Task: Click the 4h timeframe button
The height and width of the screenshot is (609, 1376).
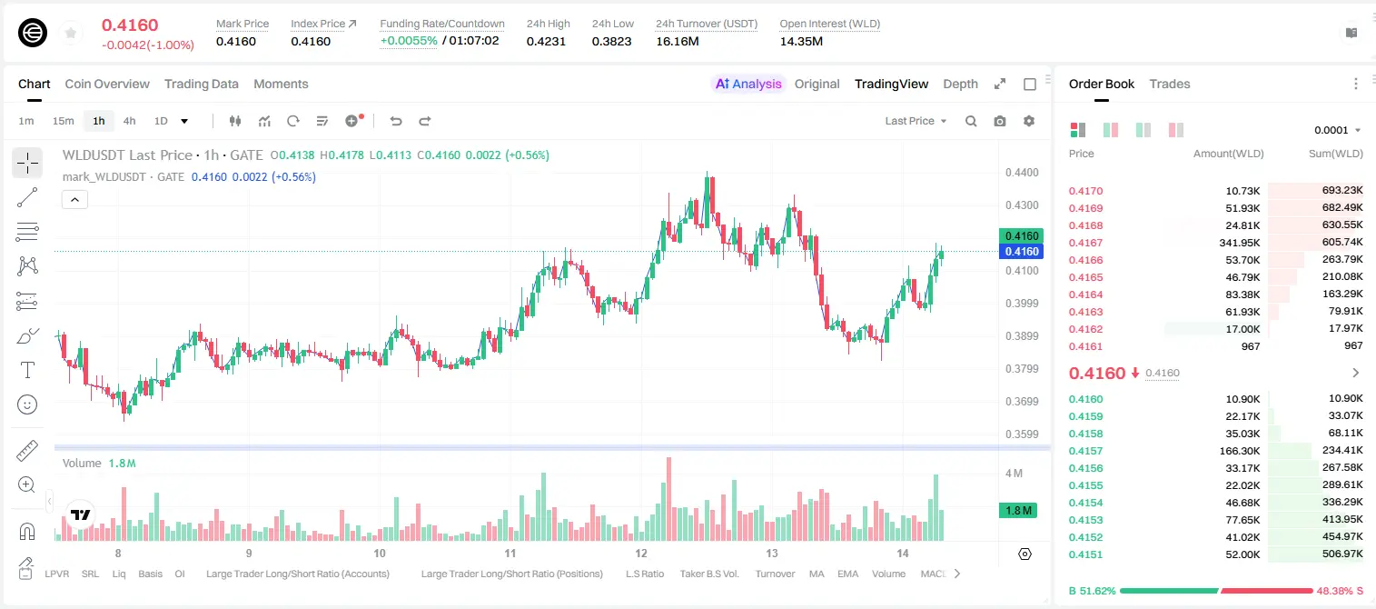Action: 129,121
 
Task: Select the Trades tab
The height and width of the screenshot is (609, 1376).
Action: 1170,84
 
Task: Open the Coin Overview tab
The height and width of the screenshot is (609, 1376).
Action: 107,84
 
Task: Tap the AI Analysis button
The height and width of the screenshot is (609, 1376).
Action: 748,84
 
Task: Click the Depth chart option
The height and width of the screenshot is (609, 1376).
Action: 960,84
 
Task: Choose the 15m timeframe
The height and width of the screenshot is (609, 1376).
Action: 64,121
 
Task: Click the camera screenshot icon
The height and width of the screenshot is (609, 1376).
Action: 1000,121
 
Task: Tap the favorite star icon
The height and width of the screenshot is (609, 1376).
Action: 71,33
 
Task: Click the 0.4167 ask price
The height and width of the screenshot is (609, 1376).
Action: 1085,243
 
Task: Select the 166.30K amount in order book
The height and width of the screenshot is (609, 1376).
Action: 1239,451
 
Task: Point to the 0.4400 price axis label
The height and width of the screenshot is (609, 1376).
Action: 1022,173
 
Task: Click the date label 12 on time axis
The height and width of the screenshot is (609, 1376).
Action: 640,553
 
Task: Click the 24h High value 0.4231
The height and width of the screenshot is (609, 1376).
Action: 546,41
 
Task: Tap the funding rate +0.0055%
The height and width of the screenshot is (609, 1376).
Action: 409,41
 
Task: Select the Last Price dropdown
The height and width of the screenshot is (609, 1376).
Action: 916,121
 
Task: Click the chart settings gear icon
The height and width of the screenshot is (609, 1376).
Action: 1029,121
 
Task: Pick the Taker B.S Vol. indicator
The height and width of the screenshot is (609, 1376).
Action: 708,574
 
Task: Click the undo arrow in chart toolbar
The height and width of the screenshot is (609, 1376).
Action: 396,121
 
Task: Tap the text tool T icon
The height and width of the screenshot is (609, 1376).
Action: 27,370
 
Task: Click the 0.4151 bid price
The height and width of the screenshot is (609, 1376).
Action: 1085,554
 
